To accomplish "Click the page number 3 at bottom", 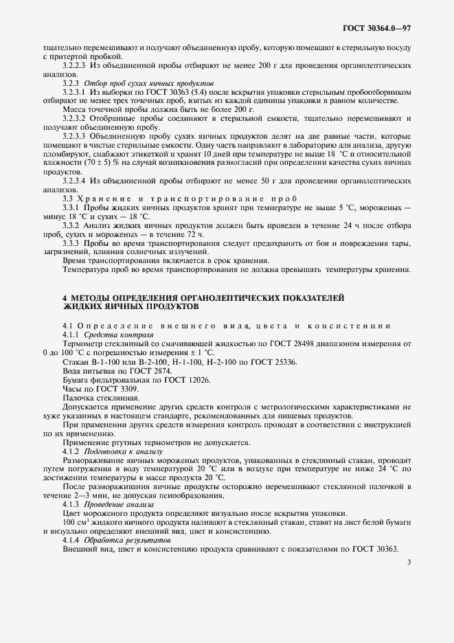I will coord(408,563).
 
